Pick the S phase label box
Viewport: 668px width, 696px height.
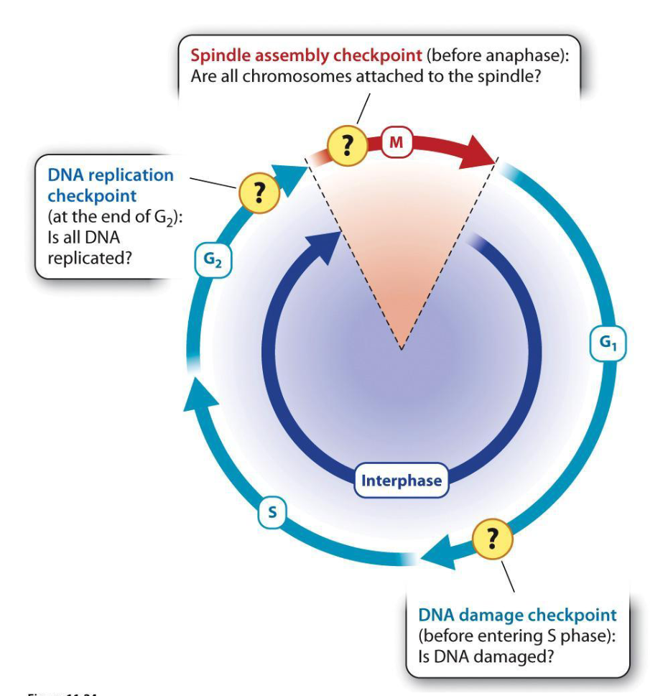click(272, 512)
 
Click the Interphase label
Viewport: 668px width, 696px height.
click(401, 481)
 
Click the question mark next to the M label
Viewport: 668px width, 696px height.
click(347, 146)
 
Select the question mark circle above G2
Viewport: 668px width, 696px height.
click(257, 192)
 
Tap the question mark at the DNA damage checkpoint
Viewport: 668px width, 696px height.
click(493, 538)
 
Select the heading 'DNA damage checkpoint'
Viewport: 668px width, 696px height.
click(517, 615)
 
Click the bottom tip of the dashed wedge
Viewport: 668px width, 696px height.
click(402, 349)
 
